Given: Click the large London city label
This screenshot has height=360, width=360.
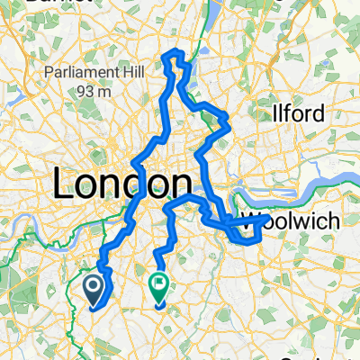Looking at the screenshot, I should click(116, 184).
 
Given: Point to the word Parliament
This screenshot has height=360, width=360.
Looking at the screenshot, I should click(73, 75).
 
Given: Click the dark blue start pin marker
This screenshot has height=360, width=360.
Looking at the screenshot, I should click(93, 288).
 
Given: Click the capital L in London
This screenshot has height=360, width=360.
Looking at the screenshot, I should click(64, 184).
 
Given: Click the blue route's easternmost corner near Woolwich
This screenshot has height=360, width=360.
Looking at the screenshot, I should click(266, 217).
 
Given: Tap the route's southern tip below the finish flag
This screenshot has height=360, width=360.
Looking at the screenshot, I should click(160, 307).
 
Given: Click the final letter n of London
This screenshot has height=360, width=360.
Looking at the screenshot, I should click(168, 184).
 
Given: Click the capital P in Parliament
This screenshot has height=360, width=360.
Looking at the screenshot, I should click(45, 75).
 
